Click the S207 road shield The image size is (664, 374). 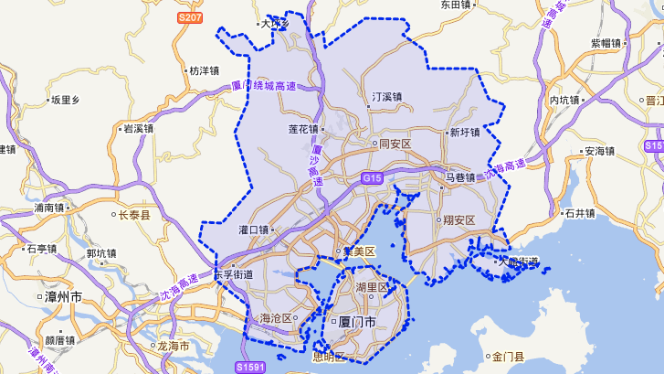(190, 17)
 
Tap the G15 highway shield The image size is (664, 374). (371, 177)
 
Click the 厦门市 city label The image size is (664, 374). (358, 323)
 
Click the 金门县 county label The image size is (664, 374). (506, 357)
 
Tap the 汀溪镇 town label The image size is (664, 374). (387, 96)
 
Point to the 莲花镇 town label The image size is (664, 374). (302, 129)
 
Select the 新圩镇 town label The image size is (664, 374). (464, 133)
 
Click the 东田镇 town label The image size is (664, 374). (455, 5)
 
